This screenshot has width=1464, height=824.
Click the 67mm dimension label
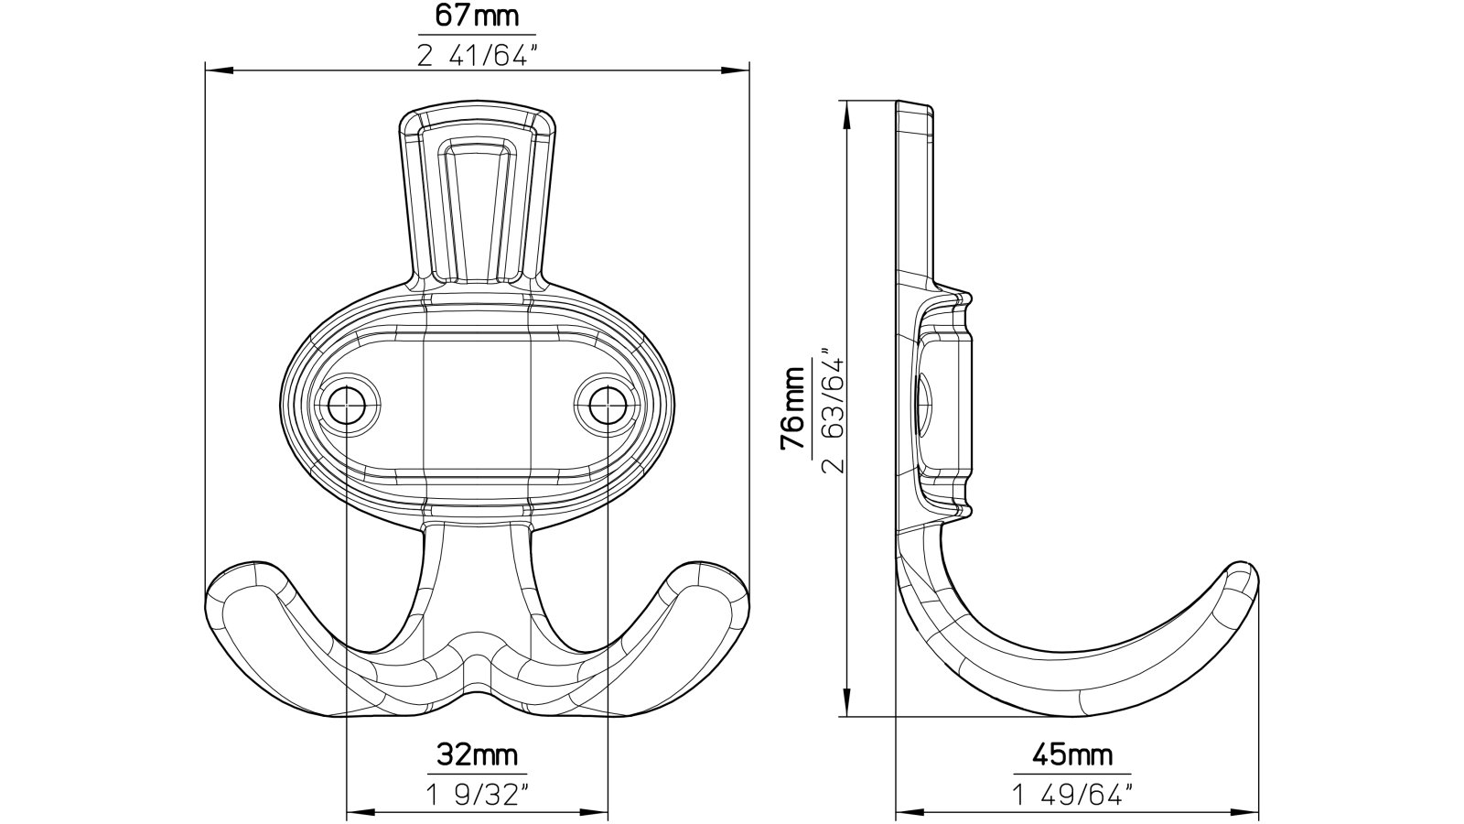point(476,16)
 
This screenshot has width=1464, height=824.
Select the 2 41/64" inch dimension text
point(476,57)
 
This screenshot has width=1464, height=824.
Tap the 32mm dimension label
point(476,755)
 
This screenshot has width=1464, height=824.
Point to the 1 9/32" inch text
point(476,795)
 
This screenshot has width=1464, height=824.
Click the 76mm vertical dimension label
point(793,407)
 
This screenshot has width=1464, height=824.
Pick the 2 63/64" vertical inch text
point(834,407)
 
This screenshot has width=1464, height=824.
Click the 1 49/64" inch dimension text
point(1072,795)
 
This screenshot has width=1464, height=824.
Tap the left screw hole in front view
point(346,403)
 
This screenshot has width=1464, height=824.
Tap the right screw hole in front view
point(607,403)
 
